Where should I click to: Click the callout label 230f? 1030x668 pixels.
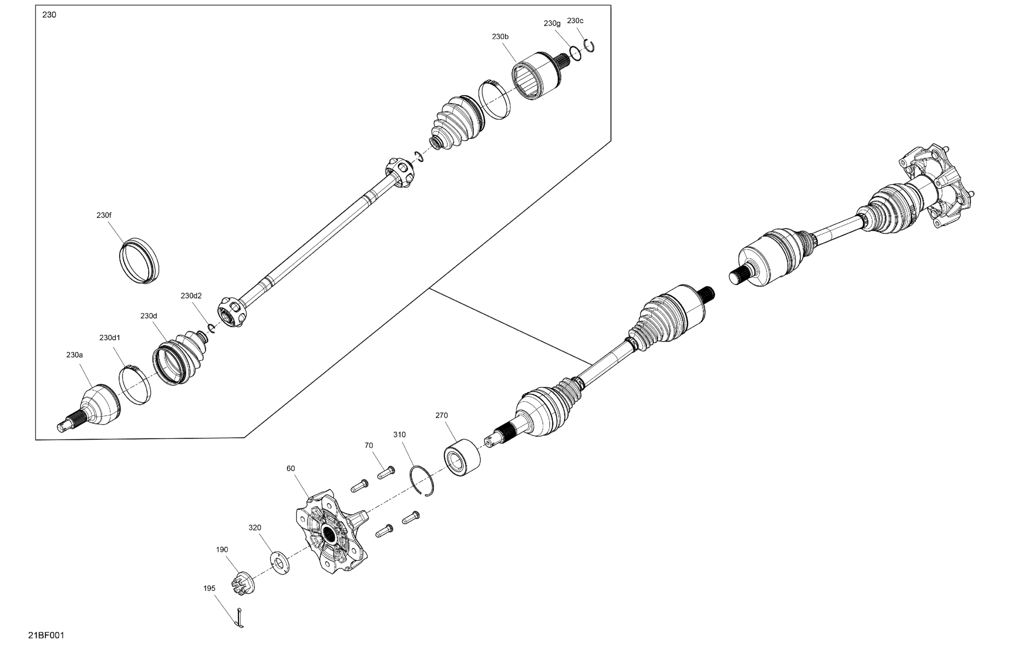[x=104, y=215]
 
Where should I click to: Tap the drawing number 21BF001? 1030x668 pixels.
[x=46, y=635]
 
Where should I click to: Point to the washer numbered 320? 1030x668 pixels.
[x=280, y=563]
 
